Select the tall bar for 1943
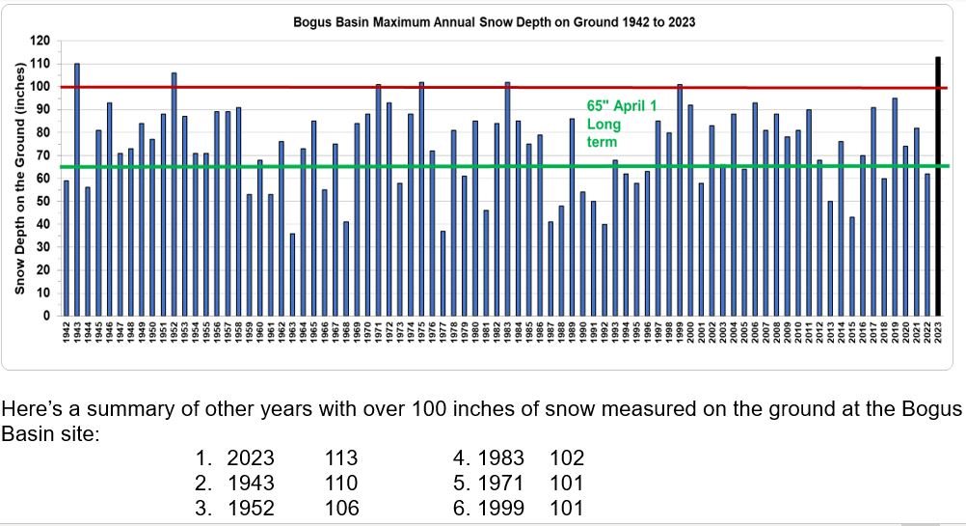[x=77, y=189]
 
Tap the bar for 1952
[x=174, y=194]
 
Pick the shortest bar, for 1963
[x=292, y=274]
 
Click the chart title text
[x=495, y=21]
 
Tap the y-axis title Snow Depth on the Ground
[x=18, y=179]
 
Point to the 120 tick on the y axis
[x=40, y=41]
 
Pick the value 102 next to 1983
[x=567, y=457]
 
